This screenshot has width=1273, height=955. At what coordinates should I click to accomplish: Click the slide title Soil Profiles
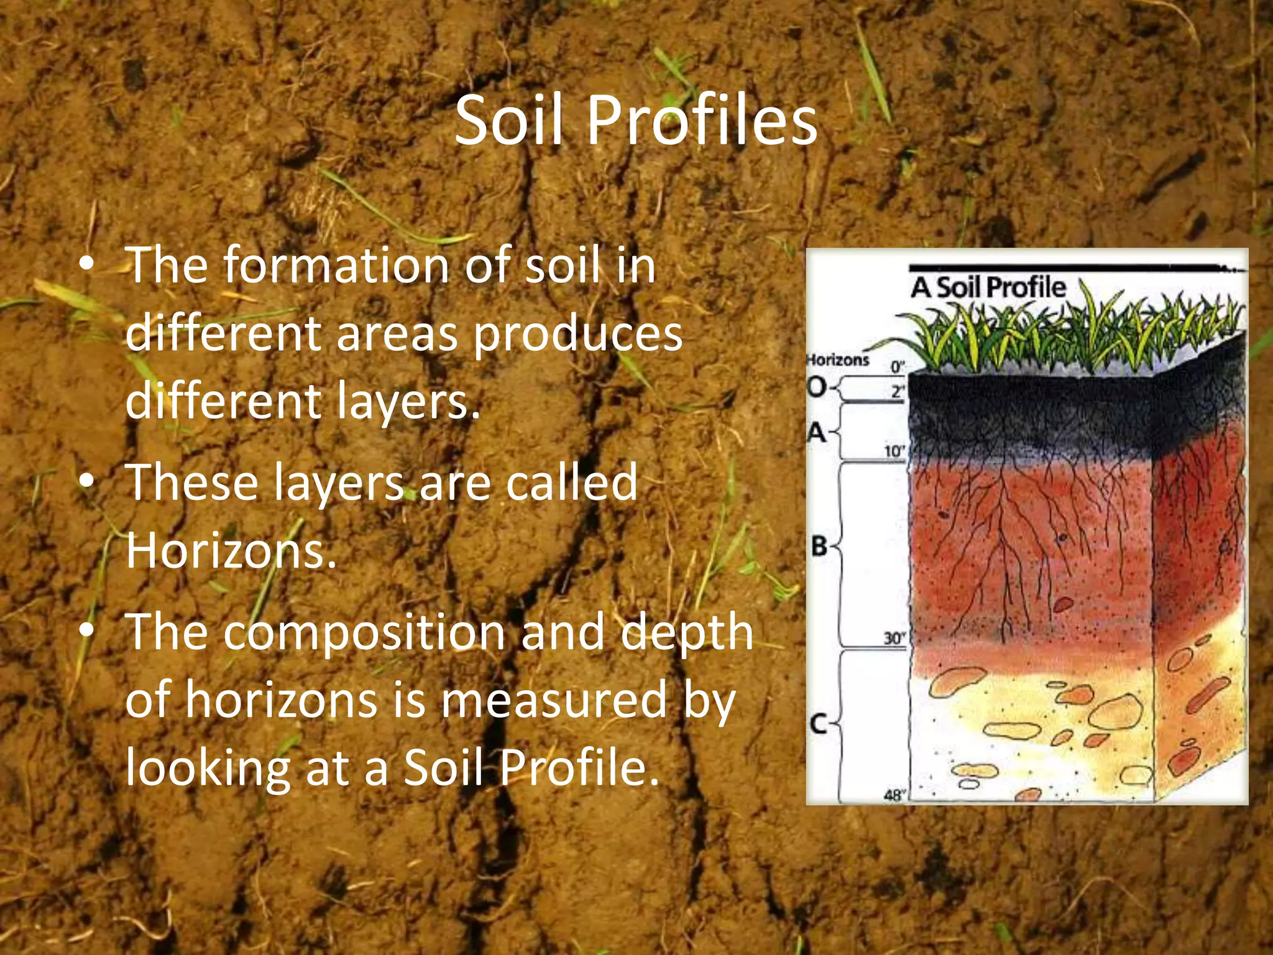click(636, 121)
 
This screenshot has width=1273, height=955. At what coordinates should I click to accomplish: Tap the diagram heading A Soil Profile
click(988, 288)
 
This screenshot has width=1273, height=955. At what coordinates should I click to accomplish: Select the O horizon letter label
click(817, 388)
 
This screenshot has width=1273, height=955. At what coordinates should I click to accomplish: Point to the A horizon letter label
click(817, 432)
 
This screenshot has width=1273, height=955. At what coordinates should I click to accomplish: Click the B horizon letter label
click(820, 547)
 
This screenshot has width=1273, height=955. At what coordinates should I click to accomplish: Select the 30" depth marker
click(895, 638)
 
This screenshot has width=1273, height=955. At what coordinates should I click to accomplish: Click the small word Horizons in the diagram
click(837, 359)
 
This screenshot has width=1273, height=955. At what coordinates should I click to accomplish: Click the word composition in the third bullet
click(364, 632)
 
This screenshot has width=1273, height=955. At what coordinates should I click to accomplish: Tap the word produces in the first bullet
click(578, 334)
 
